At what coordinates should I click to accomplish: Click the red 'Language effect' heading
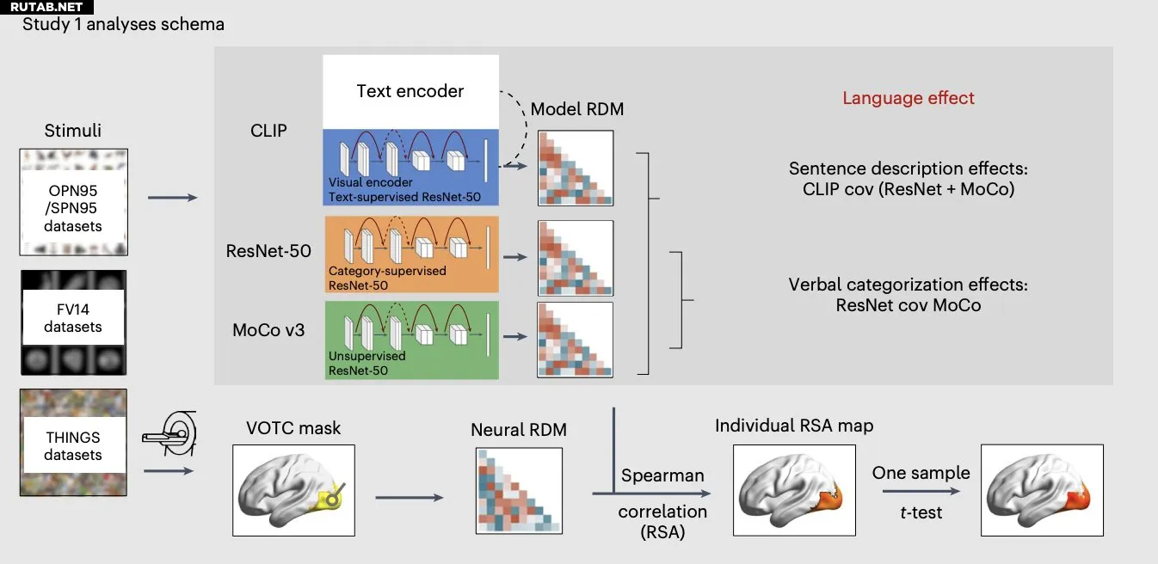908,98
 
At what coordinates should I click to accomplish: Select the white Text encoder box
410,91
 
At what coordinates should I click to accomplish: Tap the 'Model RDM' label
576,109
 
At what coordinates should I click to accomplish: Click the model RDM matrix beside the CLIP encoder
575,168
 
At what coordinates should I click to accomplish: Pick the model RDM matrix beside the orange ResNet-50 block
575,258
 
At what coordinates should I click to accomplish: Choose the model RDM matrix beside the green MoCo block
575,339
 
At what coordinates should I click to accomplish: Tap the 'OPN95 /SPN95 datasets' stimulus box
73,202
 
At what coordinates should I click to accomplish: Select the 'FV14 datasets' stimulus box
73,322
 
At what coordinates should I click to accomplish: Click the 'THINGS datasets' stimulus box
73,443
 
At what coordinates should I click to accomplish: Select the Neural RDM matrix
517,489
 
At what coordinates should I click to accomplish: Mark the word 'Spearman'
662,475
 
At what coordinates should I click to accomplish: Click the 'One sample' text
921,473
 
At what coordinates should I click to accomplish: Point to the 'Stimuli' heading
73,131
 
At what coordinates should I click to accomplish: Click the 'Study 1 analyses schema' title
123,24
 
